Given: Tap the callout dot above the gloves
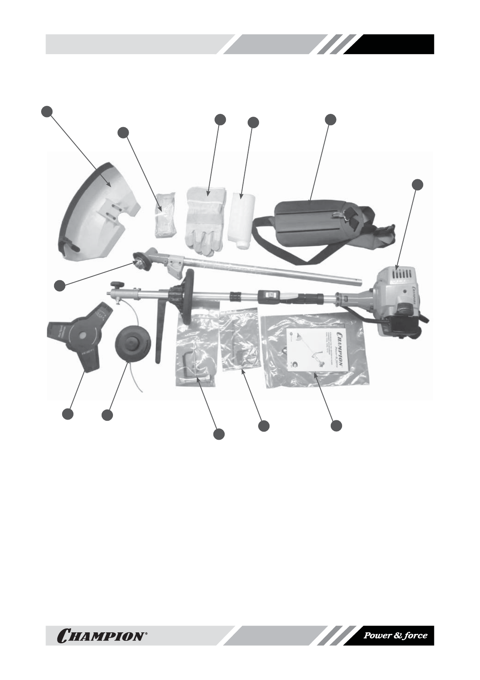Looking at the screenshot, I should [220, 120].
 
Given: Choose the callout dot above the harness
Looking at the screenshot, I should [330, 120].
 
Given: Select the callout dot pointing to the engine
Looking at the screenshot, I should [418, 185].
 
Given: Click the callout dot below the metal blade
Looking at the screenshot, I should [68, 414].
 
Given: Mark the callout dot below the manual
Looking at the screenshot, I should [336, 426].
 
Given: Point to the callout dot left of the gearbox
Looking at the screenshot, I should [60, 285].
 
